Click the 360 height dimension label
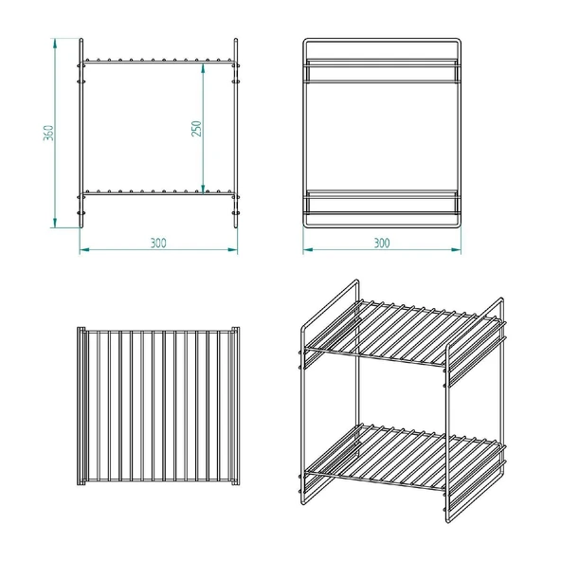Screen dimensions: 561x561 coord(48,133)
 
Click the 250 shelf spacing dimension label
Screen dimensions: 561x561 coord(197,129)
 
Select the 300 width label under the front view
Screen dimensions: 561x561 coord(158,243)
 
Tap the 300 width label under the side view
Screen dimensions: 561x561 coord(382,243)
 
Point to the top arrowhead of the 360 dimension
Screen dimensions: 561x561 coord(55,44)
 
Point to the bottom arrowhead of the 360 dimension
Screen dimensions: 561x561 coord(55,222)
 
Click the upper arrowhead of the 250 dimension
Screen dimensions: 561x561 coord(203,68)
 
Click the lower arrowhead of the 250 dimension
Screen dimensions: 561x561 coord(203,189)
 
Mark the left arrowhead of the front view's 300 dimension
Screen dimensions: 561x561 coord(84,249)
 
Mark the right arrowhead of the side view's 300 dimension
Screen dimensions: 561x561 coord(456,249)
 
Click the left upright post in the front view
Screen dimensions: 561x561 coord(81,133)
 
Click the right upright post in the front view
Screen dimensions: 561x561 coord(236,133)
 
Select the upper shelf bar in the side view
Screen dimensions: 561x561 coord(382,71)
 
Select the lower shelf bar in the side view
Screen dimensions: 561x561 coord(382,203)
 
